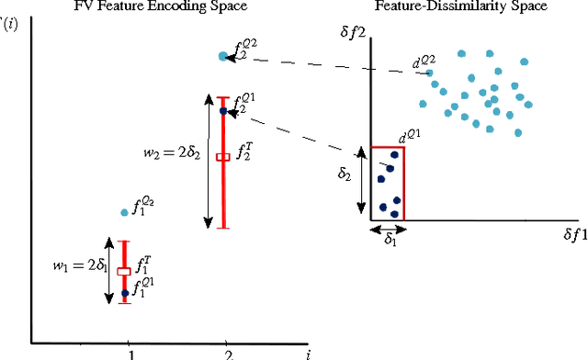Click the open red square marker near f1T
[124, 271]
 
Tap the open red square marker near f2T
[221, 157]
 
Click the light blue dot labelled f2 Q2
[222, 56]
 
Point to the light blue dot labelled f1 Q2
[124, 212]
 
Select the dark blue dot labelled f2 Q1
[222, 110]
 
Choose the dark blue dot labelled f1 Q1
[124, 293]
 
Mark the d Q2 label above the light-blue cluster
[424, 62]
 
